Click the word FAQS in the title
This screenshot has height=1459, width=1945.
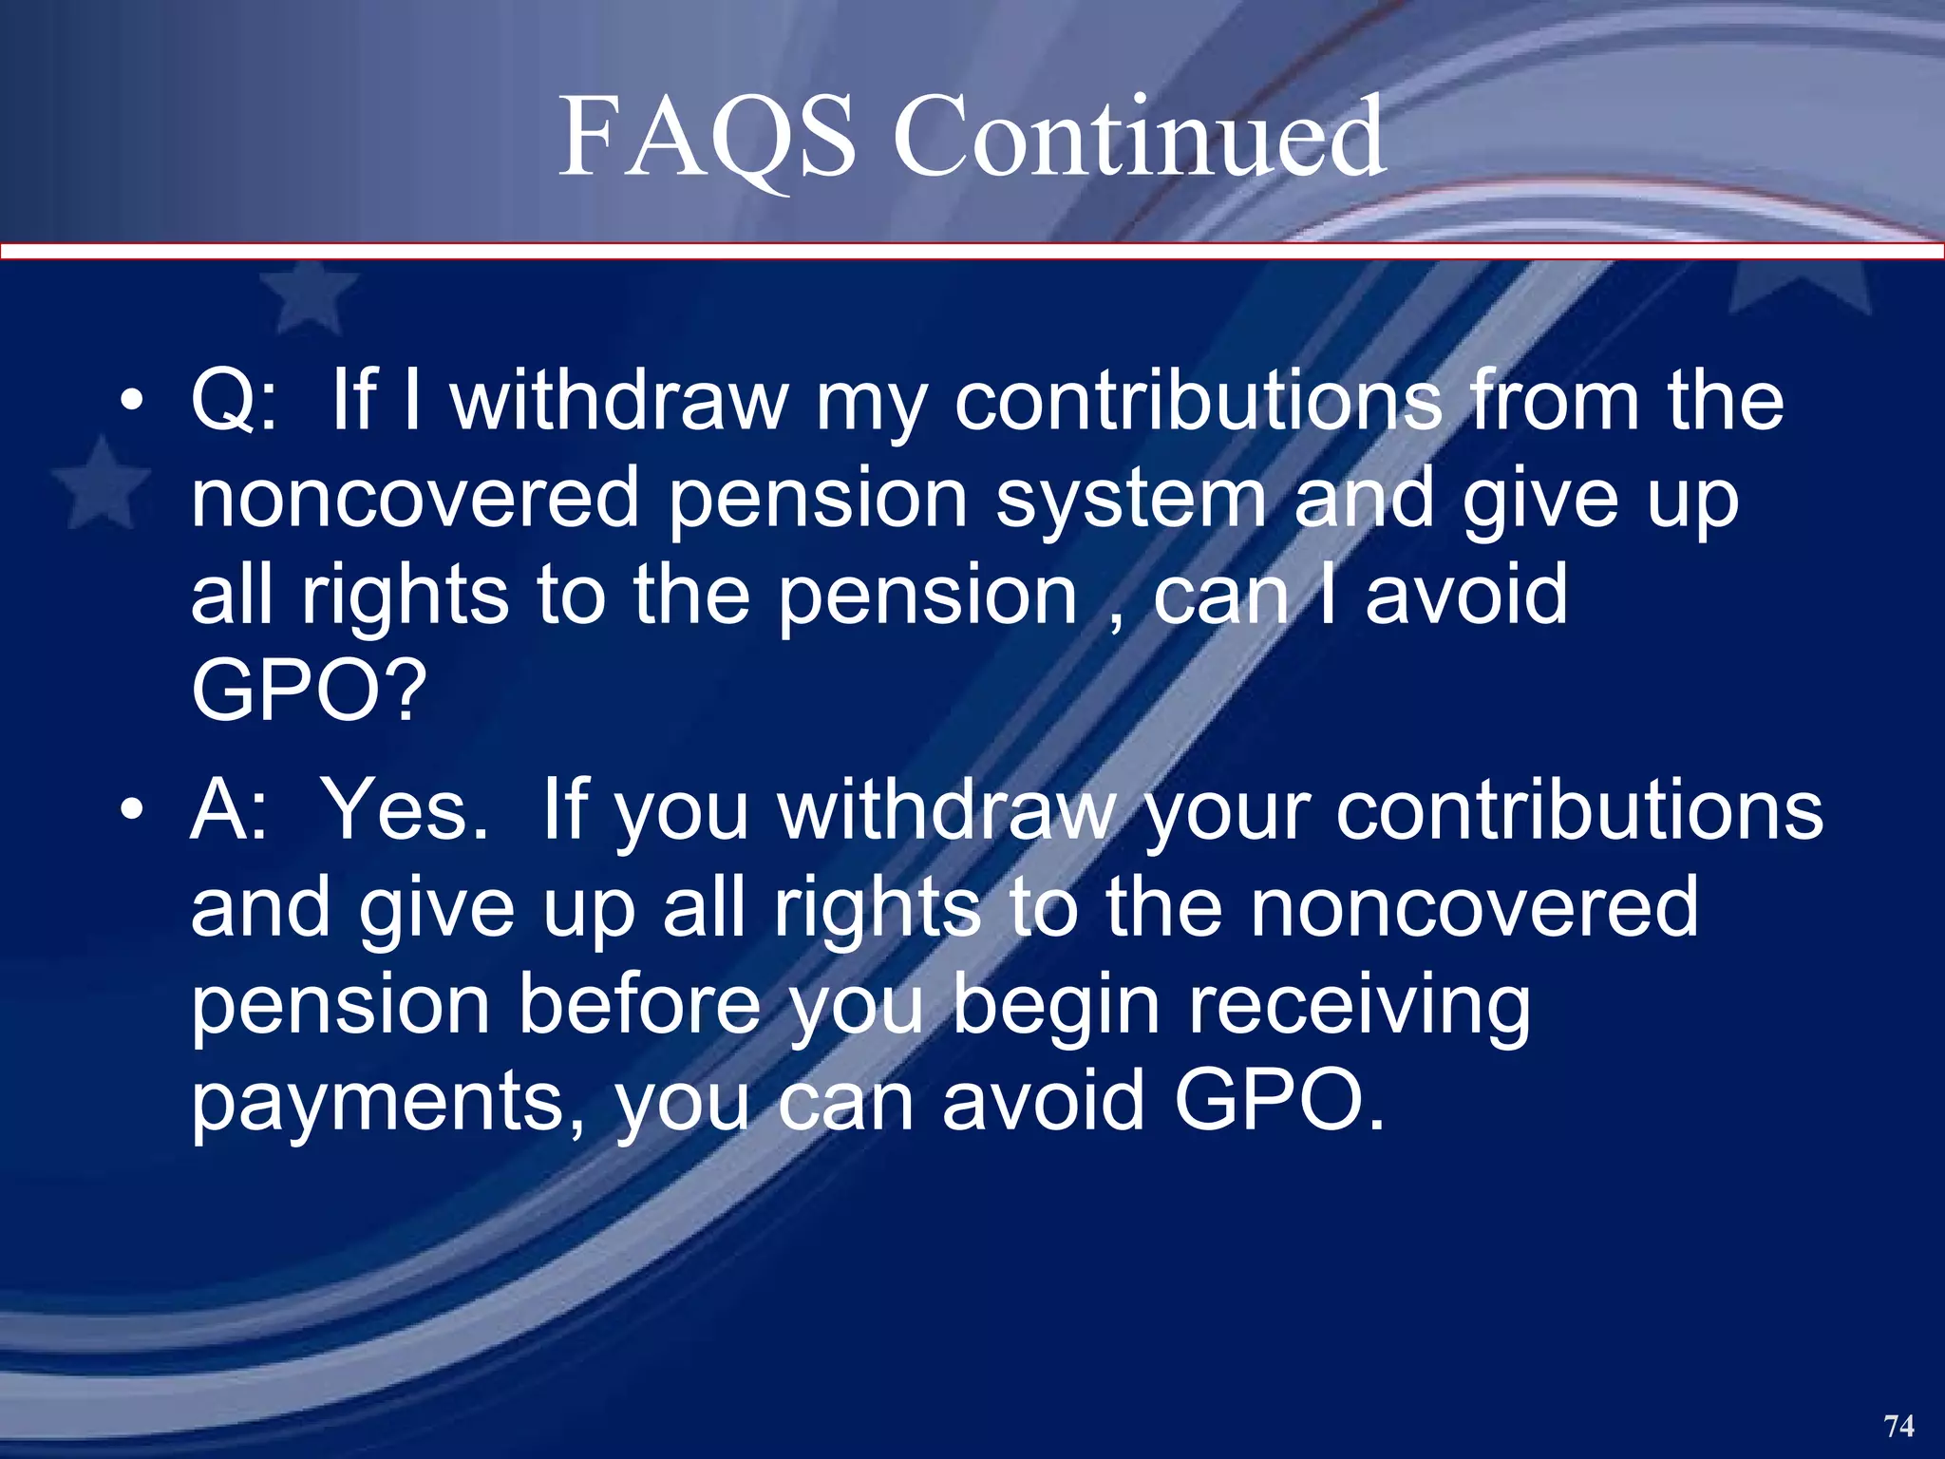pos(708,140)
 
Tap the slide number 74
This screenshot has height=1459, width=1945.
pos(1898,1426)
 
